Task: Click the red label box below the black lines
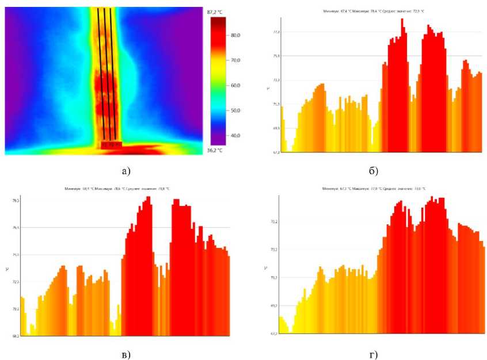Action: (112, 145)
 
